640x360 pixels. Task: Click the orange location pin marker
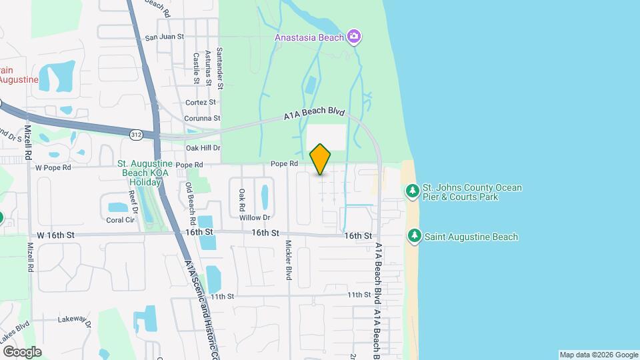pyautogui.click(x=321, y=159)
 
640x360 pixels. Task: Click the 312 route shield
pyautogui.click(x=136, y=135)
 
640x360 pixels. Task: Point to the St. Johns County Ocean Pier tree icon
pyautogui.click(x=413, y=192)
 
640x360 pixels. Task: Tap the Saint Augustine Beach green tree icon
pyautogui.click(x=415, y=236)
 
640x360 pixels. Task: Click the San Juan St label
pyautogui.click(x=164, y=37)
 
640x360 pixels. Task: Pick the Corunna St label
pyautogui.click(x=202, y=118)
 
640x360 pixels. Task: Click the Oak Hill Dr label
pyautogui.click(x=203, y=147)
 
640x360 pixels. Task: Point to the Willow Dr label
pyautogui.click(x=255, y=217)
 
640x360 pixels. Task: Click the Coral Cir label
pyautogui.click(x=120, y=219)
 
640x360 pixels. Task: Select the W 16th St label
pyautogui.click(x=55, y=235)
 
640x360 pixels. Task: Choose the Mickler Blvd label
pyautogui.click(x=289, y=259)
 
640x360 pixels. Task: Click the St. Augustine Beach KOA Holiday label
pyautogui.click(x=145, y=173)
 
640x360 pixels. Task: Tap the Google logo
pyautogui.click(x=22, y=351)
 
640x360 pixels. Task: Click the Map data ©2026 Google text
pyautogui.click(x=597, y=355)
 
